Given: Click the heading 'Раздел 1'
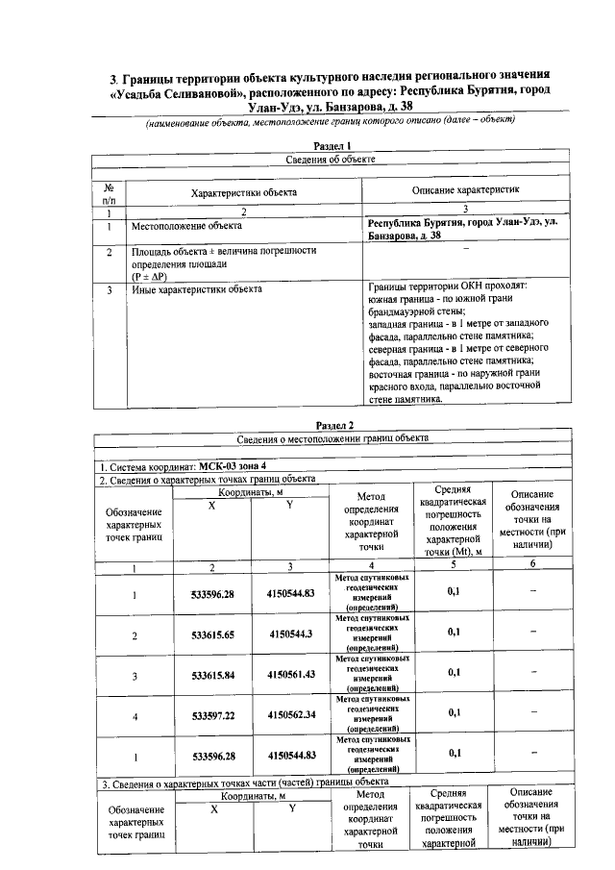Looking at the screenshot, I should pyautogui.click(x=332, y=144).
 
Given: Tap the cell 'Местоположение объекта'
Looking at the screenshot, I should pyautogui.click(x=185, y=227).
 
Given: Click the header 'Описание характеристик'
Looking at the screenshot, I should pyautogui.click(x=465, y=192).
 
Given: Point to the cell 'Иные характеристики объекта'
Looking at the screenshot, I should pyautogui.click(x=197, y=287).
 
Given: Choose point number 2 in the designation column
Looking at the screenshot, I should pyautogui.click(x=134, y=635).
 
